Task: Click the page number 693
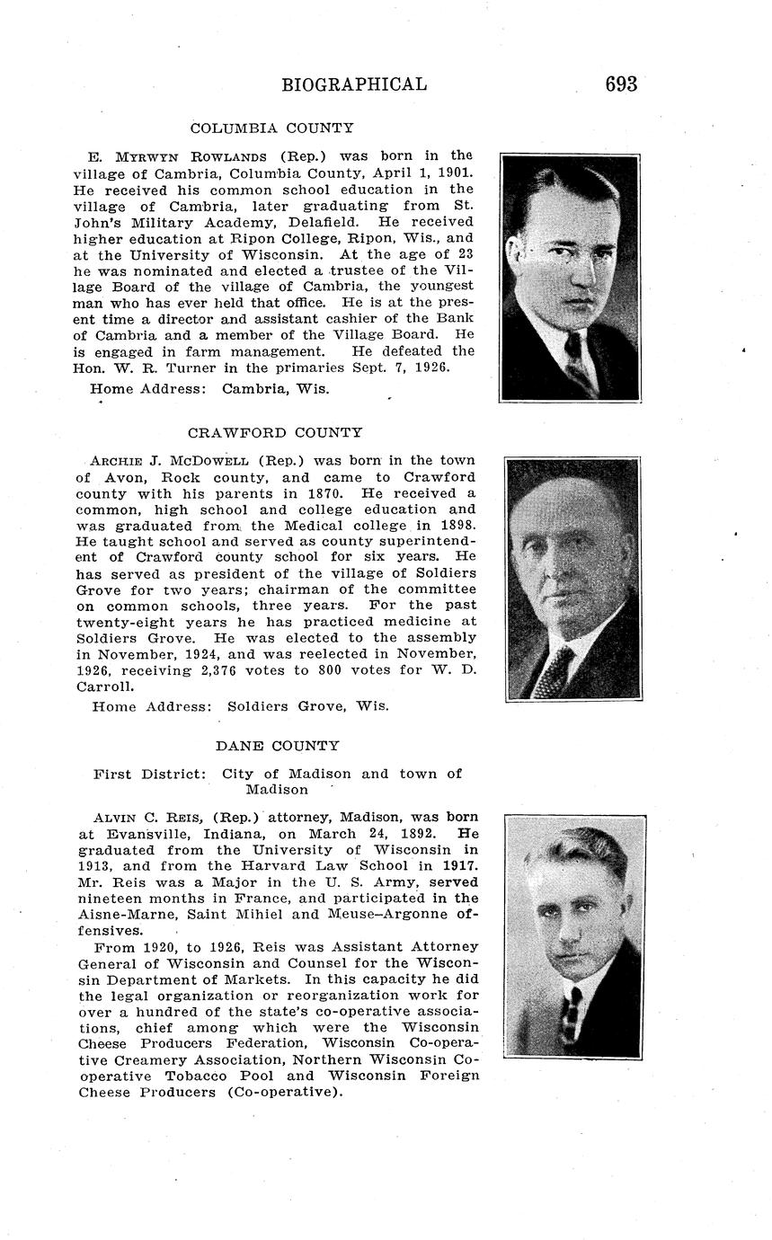click(x=621, y=84)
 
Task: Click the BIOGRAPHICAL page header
click(x=354, y=84)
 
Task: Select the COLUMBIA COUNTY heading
click(x=272, y=128)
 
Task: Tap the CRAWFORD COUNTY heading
click(x=275, y=432)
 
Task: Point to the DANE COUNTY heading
click(x=278, y=746)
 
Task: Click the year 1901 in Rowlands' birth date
click(x=456, y=173)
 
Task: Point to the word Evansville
click(x=138, y=833)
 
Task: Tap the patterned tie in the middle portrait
click(x=552, y=669)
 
